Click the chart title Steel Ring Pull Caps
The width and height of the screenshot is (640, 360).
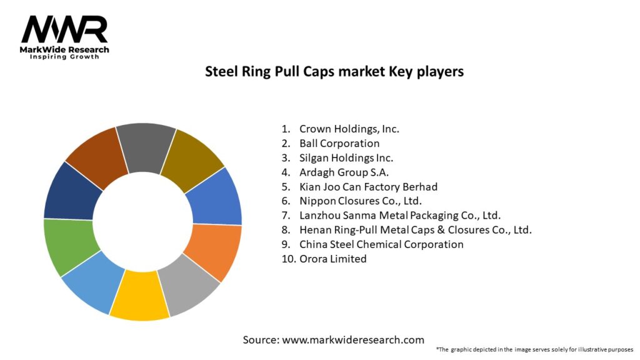[334, 71]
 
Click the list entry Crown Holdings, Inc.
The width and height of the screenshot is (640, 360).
[349, 129]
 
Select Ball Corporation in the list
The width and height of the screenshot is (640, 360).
[339, 144]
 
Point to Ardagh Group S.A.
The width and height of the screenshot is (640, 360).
[344, 172]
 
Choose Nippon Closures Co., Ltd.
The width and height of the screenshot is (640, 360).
[361, 201]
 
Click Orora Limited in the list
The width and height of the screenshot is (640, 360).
[332, 259]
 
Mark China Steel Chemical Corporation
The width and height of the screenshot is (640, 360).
[381, 244]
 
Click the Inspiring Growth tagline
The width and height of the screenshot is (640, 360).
[64, 57]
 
